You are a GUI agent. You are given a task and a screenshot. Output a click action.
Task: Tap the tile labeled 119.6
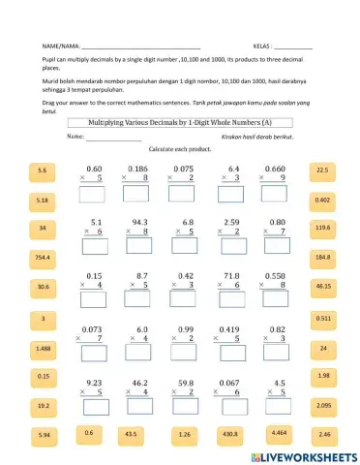[x=323, y=228]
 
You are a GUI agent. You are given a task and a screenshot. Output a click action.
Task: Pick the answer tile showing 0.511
[x=323, y=318]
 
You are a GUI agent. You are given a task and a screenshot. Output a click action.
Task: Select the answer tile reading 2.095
[x=323, y=406]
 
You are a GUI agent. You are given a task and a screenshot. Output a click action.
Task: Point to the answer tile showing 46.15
[x=323, y=287]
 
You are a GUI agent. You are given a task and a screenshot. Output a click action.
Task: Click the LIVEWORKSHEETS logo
[x=304, y=455]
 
